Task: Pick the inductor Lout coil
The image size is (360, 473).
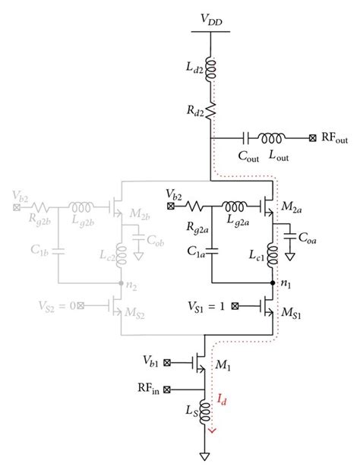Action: pos(273,138)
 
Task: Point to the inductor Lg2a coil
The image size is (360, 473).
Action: pos(237,205)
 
